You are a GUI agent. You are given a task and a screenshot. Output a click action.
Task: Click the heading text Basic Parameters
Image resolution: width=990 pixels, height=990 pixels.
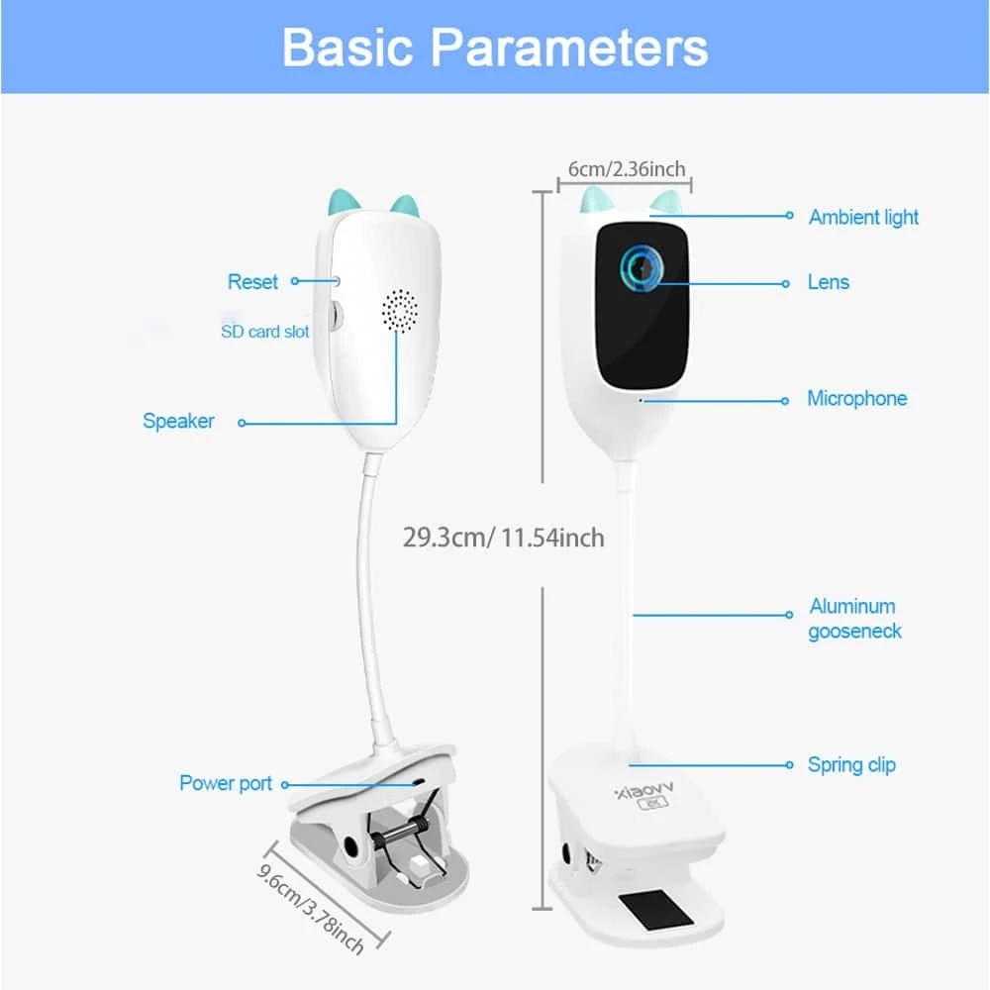pos(495,47)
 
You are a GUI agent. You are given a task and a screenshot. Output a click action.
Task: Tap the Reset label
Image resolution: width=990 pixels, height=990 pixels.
pos(252,282)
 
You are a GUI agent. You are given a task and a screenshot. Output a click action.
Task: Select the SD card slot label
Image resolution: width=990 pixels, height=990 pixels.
pos(264,332)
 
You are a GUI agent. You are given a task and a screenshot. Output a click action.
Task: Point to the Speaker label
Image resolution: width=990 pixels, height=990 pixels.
pos(178,421)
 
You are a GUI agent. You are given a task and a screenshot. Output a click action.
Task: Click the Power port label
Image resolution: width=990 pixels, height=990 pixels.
pos(226,783)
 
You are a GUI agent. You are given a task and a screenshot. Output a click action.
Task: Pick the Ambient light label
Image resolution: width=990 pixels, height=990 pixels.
pos(863,217)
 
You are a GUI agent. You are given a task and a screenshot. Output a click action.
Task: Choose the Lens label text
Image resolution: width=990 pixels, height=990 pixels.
pos(829,282)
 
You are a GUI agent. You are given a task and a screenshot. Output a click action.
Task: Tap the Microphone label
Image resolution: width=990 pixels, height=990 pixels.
pos(856,399)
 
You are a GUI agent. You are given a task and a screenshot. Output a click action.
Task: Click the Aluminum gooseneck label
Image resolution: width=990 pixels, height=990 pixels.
pos(854,619)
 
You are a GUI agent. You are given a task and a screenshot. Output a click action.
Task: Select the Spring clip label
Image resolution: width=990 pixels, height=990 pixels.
pos(851,764)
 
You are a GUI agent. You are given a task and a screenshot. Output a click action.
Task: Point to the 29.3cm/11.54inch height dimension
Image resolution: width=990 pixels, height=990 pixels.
pos(503,538)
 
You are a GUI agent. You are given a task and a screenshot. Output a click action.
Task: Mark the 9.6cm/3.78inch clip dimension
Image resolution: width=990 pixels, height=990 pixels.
pos(310,904)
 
